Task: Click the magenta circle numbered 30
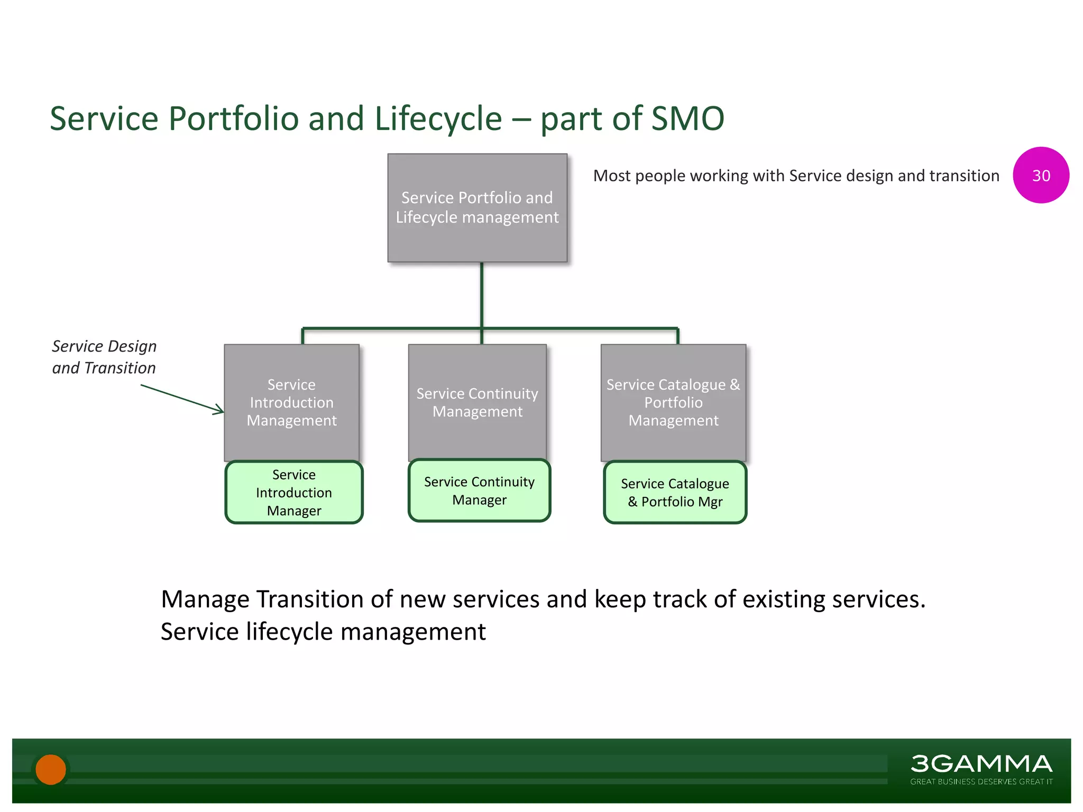click(x=1041, y=175)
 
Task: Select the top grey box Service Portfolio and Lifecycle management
click(x=477, y=208)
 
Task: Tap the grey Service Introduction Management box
click(x=291, y=402)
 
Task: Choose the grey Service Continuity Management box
click(x=477, y=402)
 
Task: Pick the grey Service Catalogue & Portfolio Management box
click(x=673, y=402)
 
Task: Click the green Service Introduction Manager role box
click(x=294, y=492)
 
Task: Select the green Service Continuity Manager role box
click(x=479, y=491)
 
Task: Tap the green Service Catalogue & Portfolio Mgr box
click(x=675, y=492)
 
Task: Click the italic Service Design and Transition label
click(x=104, y=357)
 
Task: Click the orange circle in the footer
click(x=51, y=769)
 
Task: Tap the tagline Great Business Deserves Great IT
click(x=981, y=782)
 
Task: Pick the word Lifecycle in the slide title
click(x=438, y=118)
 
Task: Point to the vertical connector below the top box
click(x=482, y=295)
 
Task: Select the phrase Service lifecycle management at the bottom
click(x=323, y=632)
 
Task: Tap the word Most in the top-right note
click(x=612, y=176)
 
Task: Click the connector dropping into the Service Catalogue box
click(x=677, y=337)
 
